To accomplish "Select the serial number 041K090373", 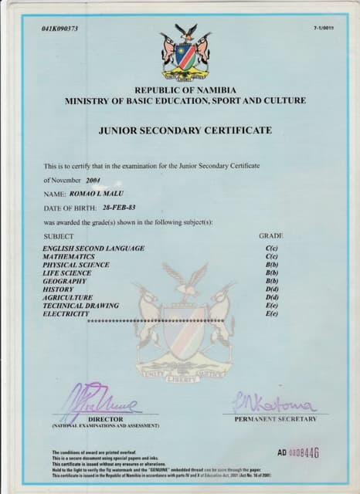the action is [60, 29].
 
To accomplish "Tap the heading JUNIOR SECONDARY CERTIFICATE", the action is [185, 130].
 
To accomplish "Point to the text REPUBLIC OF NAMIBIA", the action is [185, 90].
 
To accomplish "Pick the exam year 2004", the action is [93, 180].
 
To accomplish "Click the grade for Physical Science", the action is [271, 265].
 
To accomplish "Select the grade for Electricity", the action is [271, 313].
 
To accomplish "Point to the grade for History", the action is [271, 289].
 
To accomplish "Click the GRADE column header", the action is [271, 235].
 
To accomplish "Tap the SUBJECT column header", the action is [59, 235].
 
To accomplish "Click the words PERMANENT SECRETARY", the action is [275, 419].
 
